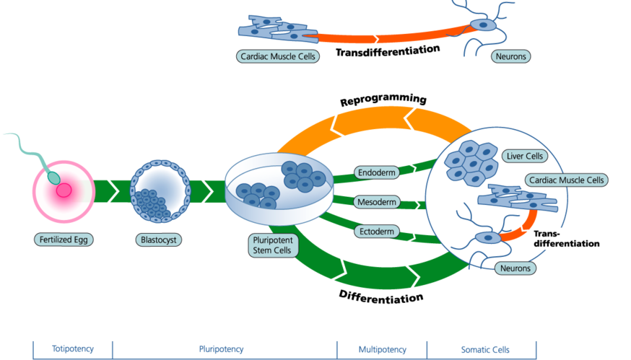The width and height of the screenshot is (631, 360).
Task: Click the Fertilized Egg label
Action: pos(64,239)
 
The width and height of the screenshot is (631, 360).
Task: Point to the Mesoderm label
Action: pos(377,202)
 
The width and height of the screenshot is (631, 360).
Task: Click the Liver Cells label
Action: pos(525,156)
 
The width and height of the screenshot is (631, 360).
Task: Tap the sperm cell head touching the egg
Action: pos(53,176)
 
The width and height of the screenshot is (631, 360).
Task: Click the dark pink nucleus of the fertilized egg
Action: pos(64,190)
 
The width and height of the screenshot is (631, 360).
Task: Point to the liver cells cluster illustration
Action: pos(469,162)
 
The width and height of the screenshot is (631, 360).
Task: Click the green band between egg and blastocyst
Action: pos(112,191)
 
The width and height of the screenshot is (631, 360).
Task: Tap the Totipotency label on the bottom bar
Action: pos(72,350)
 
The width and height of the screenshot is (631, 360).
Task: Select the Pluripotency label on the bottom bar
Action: pos(224,350)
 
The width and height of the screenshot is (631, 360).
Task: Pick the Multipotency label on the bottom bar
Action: pos(382,350)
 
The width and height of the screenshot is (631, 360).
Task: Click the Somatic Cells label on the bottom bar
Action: pos(482,350)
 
